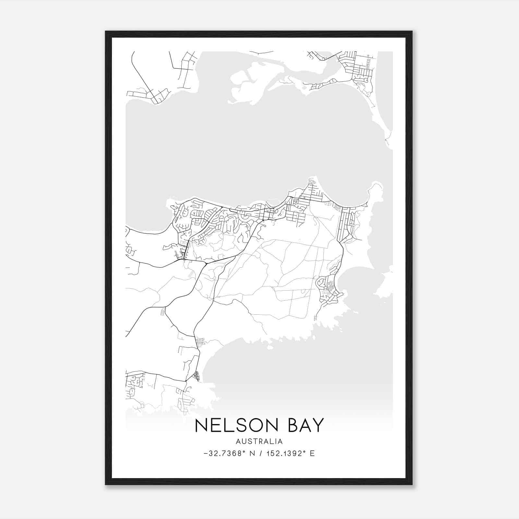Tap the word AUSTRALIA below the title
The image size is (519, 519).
(259, 441)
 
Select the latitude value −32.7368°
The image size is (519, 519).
(224, 453)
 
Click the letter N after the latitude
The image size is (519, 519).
(250, 453)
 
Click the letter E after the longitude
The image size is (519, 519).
(312, 453)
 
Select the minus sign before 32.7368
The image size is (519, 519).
(206, 454)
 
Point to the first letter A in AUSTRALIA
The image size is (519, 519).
(238, 441)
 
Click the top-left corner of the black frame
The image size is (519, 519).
(106, 31)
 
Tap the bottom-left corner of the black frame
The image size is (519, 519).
(106, 484)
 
